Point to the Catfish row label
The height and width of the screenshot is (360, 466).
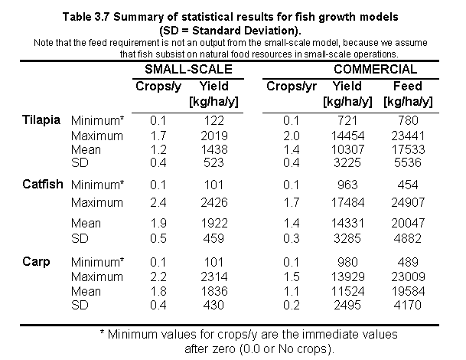[41, 185]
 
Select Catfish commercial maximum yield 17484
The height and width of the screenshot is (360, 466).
[352, 203]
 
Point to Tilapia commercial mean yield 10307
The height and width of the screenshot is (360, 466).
[352, 150]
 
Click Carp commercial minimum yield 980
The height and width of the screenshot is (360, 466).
[352, 263]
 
